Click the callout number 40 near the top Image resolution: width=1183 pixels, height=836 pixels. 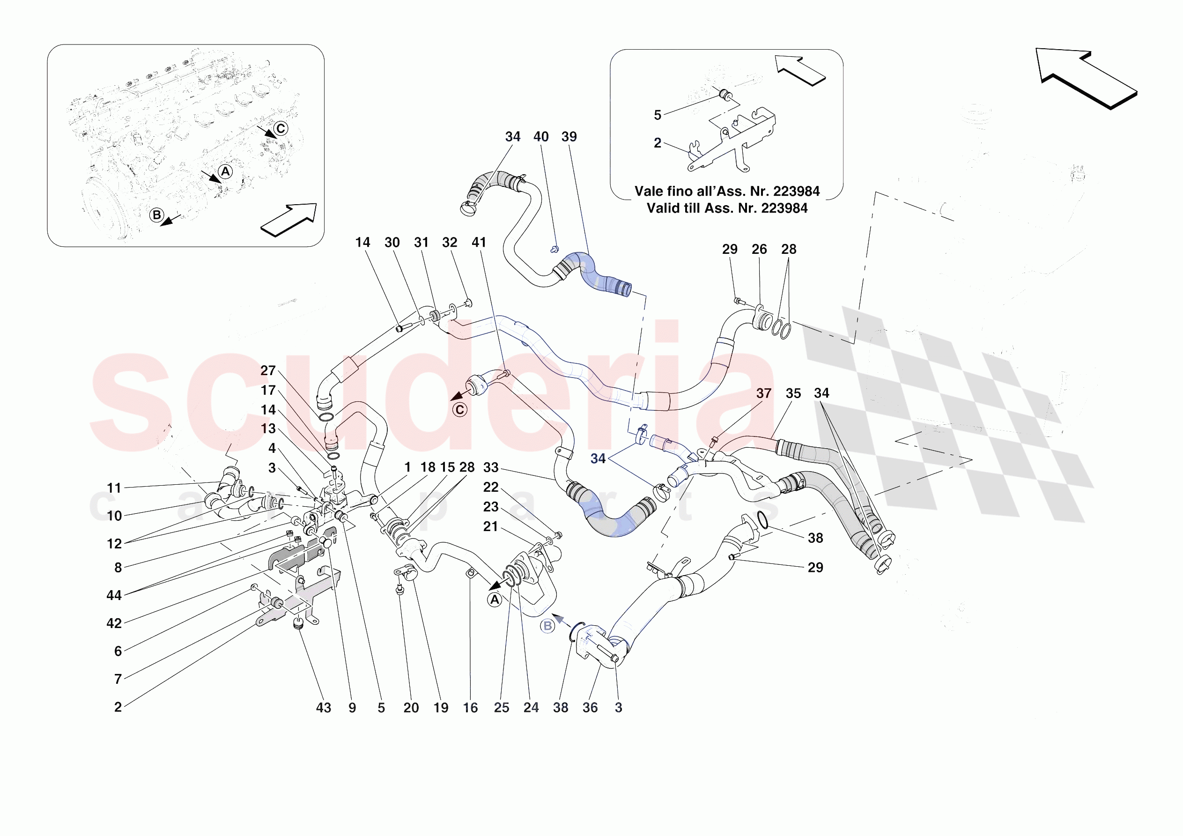click(x=540, y=137)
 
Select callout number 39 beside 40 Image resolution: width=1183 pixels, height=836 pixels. click(x=569, y=137)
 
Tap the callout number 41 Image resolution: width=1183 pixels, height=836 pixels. click(x=479, y=242)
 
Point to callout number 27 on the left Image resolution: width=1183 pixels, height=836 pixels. click(x=268, y=370)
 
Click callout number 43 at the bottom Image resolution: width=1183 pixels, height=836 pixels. click(x=324, y=708)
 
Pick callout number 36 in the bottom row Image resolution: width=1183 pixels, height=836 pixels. click(x=590, y=708)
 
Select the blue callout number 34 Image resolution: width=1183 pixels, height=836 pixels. click(x=598, y=458)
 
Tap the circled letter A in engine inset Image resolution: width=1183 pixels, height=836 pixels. click(x=225, y=171)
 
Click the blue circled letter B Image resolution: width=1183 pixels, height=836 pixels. click(x=547, y=626)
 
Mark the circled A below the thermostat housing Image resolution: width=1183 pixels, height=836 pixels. click(x=495, y=600)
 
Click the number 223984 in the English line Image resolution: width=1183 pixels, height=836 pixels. click(x=784, y=208)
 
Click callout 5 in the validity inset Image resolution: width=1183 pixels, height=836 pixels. click(x=658, y=115)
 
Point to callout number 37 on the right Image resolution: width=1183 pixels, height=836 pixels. click(x=763, y=393)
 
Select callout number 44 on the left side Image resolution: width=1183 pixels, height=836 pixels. click(x=114, y=595)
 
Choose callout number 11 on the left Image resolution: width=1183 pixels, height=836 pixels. click(x=114, y=488)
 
